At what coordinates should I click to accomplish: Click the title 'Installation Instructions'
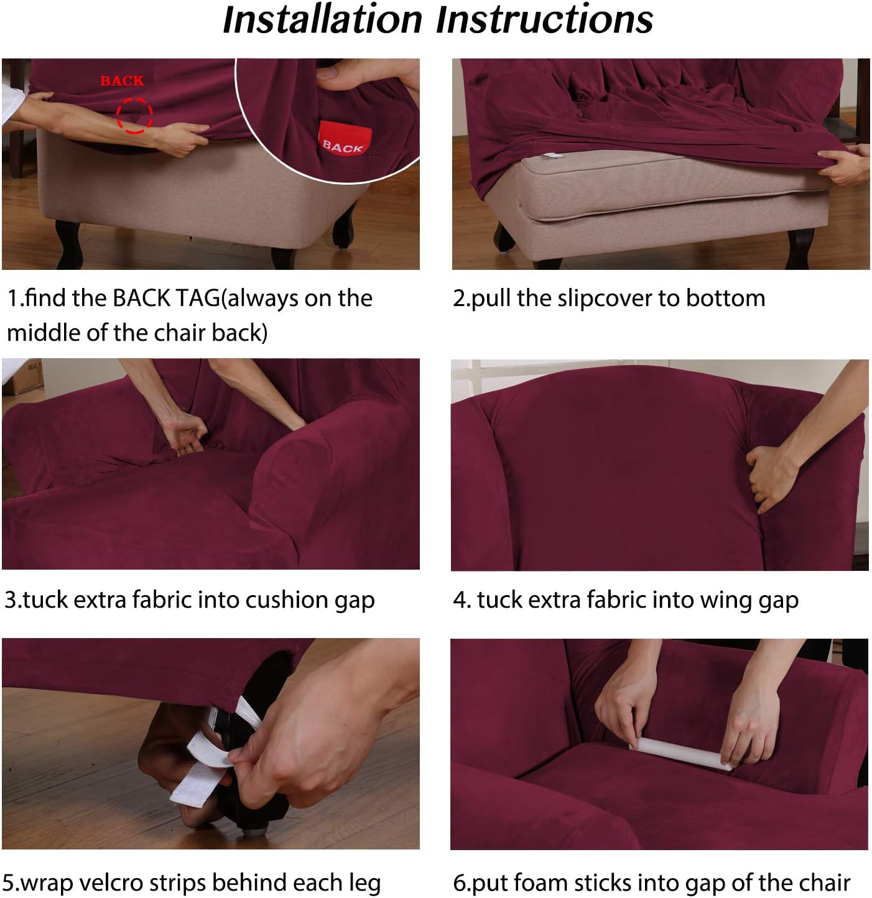click(x=437, y=20)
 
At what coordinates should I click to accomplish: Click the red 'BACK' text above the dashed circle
click(x=122, y=81)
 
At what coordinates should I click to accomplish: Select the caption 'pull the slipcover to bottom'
click(x=608, y=299)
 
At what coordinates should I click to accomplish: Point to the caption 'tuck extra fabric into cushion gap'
click(x=189, y=600)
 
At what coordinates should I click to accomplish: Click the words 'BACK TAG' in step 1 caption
click(x=166, y=299)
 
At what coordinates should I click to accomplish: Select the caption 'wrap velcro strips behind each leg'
click(x=192, y=882)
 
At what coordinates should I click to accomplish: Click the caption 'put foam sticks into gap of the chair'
click(x=651, y=882)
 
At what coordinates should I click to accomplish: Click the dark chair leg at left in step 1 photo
click(x=68, y=243)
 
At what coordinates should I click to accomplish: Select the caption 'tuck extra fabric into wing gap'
click(x=625, y=600)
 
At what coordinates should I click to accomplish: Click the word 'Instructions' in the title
click(x=544, y=20)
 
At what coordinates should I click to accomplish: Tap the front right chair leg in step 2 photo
click(x=800, y=249)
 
